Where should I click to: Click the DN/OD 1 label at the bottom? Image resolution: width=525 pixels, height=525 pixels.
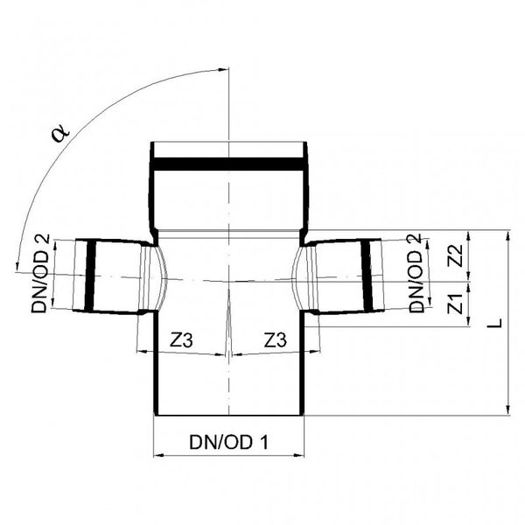[229, 442]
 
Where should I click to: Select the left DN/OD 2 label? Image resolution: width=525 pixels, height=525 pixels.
[40, 273]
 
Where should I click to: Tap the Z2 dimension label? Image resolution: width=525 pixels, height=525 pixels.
[455, 255]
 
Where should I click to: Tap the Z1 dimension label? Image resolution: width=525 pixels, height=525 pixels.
[455, 304]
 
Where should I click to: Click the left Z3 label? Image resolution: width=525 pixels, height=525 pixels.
[181, 340]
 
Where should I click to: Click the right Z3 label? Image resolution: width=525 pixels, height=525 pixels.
[276, 340]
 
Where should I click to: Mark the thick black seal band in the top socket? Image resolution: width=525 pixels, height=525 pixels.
[228, 164]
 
